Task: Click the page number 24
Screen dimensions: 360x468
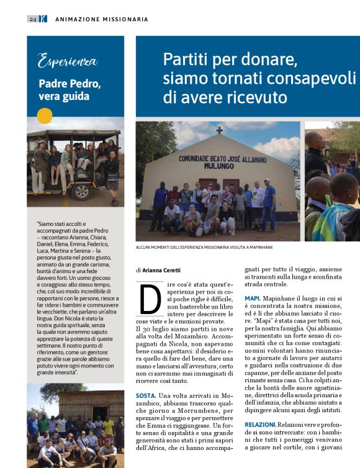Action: pos(32,19)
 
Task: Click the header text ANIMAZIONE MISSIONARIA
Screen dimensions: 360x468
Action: pos(102,19)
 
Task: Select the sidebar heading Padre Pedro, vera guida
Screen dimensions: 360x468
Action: pos(70,89)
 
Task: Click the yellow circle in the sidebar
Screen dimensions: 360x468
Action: pos(45,116)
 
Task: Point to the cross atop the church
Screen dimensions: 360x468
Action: pos(219,130)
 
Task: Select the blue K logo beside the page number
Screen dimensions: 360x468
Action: pos(43,19)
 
